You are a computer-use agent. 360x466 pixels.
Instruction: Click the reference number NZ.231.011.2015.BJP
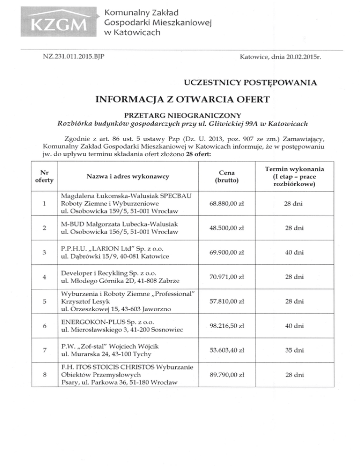(x=73, y=57)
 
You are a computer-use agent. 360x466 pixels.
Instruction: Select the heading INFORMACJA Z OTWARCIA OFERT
(x=180, y=100)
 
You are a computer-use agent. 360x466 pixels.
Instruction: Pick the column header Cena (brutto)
(x=227, y=176)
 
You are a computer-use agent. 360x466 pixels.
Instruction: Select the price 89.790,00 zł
(x=227, y=375)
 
